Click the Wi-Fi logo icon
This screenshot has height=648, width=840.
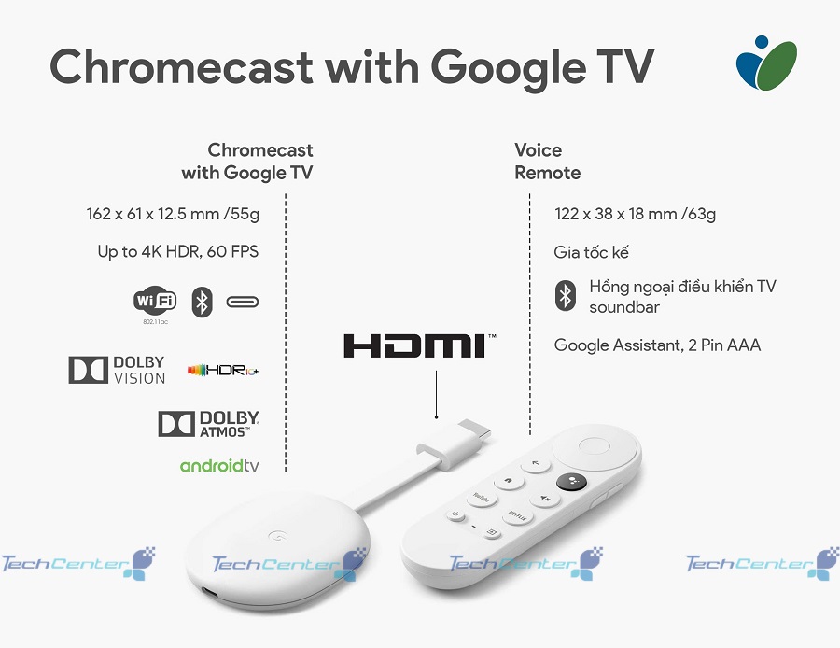tap(155, 300)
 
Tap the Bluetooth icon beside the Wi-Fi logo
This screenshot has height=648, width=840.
tap(202, 302)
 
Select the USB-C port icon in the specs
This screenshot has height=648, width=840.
tap(243, 302)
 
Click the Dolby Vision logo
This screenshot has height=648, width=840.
tap(117, 370)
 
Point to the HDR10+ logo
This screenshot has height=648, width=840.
tap(223, 370)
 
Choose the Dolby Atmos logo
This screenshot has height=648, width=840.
tap(208, 424)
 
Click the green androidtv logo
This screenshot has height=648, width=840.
tap(219, 465)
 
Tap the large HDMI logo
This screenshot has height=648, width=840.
tap(419, 345)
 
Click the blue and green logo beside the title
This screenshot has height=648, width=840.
tap(766, 63)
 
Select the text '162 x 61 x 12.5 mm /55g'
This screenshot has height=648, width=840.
tap(173, 214)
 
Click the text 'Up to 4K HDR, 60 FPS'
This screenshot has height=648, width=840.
tap(178, 251)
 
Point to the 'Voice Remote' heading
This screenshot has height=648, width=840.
tap(547, 162)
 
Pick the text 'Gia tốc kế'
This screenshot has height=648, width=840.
tap(591, 252)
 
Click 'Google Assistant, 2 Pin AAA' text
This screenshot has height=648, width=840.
tap(657, 345)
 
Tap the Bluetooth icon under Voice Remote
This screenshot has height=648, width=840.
tap(566, 295)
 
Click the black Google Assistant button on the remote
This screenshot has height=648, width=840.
tap(571, 481)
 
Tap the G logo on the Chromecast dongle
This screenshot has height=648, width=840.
tap(277, 535)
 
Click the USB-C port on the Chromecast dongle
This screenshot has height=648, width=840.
tap(209, 593)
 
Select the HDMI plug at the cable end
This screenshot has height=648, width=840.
tap(455, 444)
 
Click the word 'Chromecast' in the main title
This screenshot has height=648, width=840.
tap(182, 66)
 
